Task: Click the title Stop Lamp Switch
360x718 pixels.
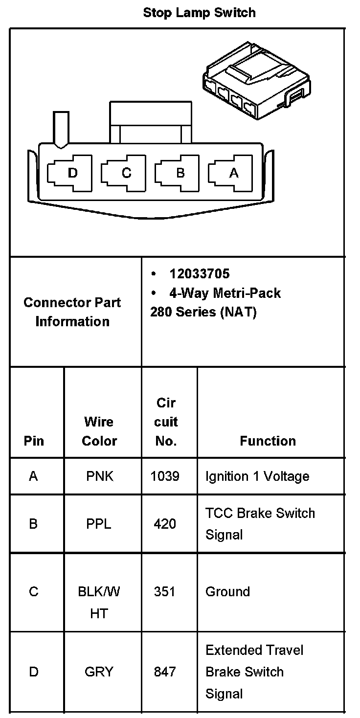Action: tap(199, 13)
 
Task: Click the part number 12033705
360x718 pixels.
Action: tap(199, 274)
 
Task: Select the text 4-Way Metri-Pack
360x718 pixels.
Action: tap(225, 293)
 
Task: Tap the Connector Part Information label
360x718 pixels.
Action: tap(72, 312)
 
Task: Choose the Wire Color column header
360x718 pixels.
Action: tap(99, 431)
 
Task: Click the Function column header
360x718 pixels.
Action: tap(268, 441)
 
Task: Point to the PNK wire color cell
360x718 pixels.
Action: tap(100, 476)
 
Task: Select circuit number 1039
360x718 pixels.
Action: tap(165, 476)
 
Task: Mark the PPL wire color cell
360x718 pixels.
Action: tap(99, 524)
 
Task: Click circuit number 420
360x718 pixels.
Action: tap(165, 524)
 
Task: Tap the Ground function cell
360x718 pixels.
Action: tap(227, 592)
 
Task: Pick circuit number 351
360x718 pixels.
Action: tap(164, 592)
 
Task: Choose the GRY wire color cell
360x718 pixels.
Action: tap(99, 672)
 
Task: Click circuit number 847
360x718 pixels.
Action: tap(165, 672)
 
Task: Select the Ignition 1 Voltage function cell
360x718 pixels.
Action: tap(257, 476)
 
